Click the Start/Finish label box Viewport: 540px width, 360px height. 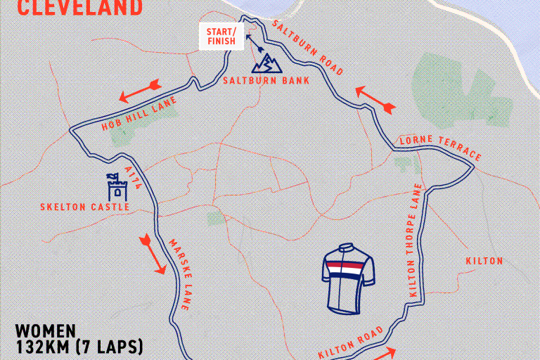pyautogui.click(x=221, y=37)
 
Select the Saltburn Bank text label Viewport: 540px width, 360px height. pyautogui.click(x=256, y=80)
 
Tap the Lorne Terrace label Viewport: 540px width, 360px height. pyautogui.click(x=440, y=148)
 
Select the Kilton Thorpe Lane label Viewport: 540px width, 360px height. pyautogui.click(x=415, y=239)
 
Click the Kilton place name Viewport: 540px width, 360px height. pyautogui.click(x=484, y=261)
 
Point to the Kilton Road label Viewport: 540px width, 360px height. pyautogui.click(x=352, y=342)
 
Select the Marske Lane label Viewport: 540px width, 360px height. pyautogui.click(x=178, y=275)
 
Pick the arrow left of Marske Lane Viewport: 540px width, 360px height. pyautogui.click(x=153, y=255)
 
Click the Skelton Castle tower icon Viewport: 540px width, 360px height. pyautogui.click(x=116, y=187)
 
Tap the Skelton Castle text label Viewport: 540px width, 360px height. pyautogui.click(x=85, y=207)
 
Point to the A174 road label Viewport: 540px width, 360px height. pyautogui.click(x=134, y=178)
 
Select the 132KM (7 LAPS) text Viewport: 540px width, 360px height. pyautogui.click(x=79, y=347)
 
